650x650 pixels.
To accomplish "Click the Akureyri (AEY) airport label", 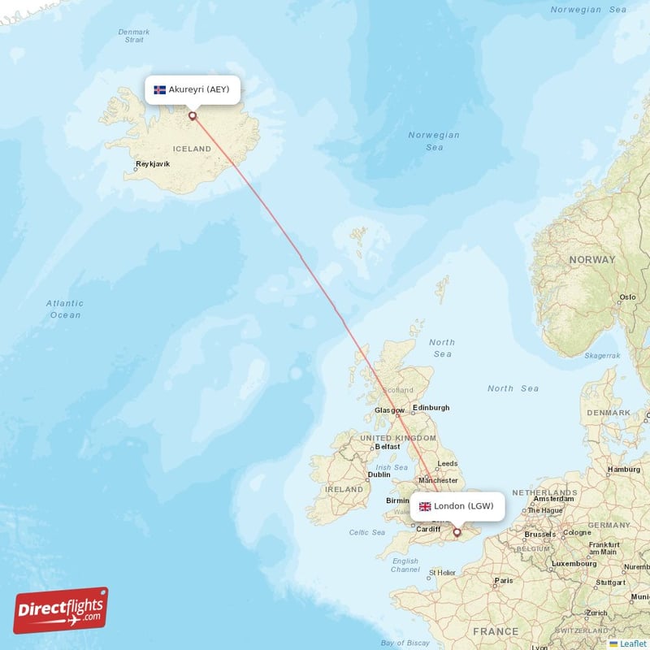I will point(199,89).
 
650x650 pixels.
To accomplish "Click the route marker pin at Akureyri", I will point(193,115).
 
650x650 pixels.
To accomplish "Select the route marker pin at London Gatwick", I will point(457,533).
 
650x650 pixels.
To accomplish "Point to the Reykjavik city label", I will point(153,164).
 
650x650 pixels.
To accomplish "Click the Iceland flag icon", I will point(159,89).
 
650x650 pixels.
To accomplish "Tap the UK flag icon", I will point(425,506).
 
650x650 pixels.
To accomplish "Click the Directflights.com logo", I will point(61,610).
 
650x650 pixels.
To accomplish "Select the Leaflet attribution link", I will point(632,643).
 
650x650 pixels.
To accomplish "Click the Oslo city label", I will point(627,297).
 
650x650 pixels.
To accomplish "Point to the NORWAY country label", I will point(591,260).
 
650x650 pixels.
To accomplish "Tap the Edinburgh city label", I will point(431,408).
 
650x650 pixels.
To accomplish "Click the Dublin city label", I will point(379,475).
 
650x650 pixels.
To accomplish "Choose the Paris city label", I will point(504,580).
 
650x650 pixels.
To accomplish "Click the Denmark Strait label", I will point(134,36).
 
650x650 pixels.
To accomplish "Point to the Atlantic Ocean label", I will point(65,309).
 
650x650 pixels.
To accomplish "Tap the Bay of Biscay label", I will point(404,643).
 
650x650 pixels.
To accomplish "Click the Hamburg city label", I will point(624,470).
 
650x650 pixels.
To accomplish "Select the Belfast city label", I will point(388,447).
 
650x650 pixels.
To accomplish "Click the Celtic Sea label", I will point(367,532).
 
